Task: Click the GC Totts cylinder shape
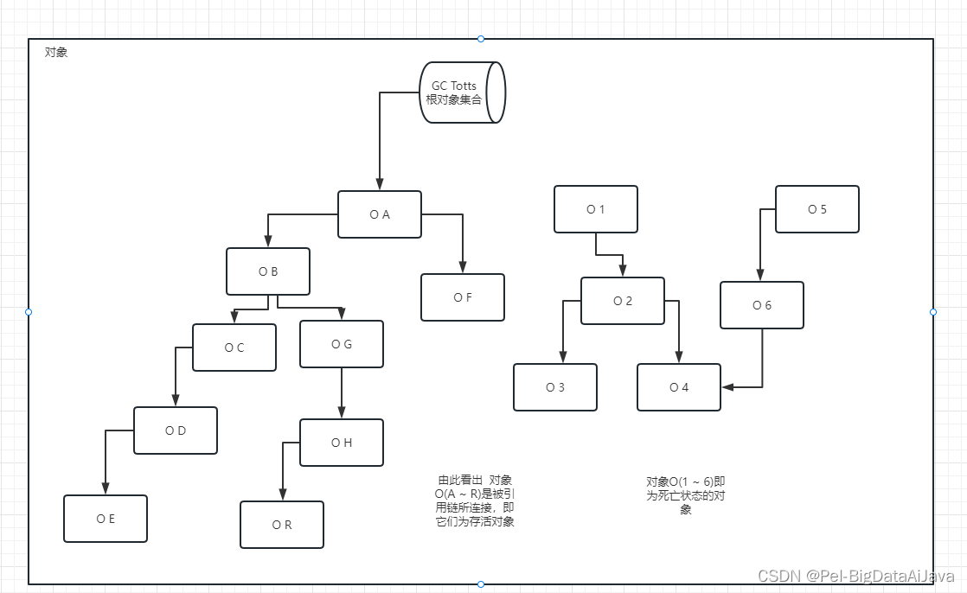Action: coord(461,92)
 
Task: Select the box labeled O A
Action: coord(380,214)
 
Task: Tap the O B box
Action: coord(268,271)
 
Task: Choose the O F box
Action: coord(463,297)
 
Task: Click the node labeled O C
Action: coord(234,348)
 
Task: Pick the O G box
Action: coord(342,344)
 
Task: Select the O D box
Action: coord(176,430)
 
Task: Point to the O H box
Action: coord(342,443)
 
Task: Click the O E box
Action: coord(106,519)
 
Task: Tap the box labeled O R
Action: coord(282,525)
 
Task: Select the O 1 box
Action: coord(596,209)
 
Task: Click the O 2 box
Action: coord(623,301)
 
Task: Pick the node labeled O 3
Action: coord(555,387)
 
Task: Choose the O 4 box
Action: coord(679,387)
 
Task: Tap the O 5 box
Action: coord(817,209)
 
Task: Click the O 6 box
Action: coord(762,305)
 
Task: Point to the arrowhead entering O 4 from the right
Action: coord(728,387)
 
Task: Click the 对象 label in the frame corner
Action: coord(56,52)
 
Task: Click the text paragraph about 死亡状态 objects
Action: coord(686,495)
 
